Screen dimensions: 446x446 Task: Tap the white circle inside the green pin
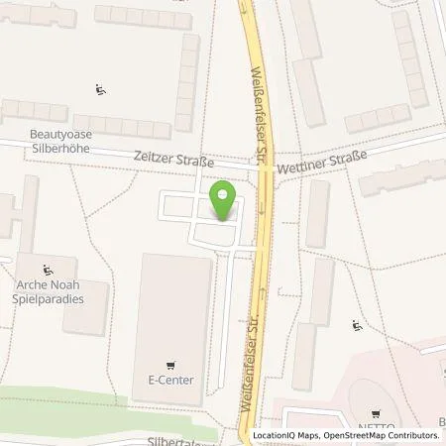click(x=224, y=194)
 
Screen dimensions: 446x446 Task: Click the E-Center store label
click(x=170, y=380)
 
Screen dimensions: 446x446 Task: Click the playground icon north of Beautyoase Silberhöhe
click(x=100, y=91)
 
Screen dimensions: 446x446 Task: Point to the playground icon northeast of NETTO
click(x=358, y=324)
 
